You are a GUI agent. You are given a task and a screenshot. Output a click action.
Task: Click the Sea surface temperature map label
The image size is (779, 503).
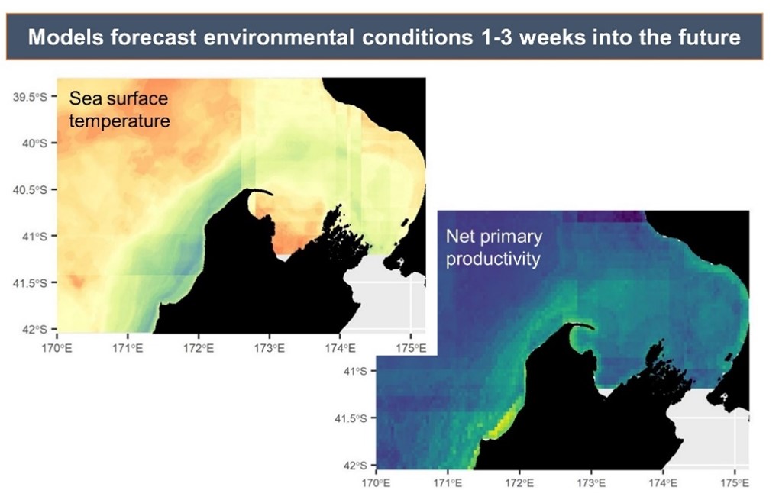point(119,109)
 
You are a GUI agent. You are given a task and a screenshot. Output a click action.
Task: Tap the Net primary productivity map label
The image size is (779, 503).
point(493,247)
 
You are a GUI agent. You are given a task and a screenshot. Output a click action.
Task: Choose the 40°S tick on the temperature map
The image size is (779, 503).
point(34,143)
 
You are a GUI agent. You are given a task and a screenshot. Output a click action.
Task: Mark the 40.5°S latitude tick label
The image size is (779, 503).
point(30,189)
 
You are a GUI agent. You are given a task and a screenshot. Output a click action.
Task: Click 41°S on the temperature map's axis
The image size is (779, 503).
point(34,236)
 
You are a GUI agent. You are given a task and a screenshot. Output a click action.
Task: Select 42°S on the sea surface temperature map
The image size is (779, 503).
point(34,329)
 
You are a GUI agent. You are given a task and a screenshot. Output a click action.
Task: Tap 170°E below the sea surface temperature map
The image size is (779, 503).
point(59,348)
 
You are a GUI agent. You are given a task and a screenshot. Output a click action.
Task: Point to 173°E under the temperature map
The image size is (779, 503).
point(270,348)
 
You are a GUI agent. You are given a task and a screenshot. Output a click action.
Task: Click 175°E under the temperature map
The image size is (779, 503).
point(410,348)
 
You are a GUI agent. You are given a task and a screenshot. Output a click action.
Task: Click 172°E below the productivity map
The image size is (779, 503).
point(519,483)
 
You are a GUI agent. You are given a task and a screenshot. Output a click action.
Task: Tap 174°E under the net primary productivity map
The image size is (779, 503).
point(662,483)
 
